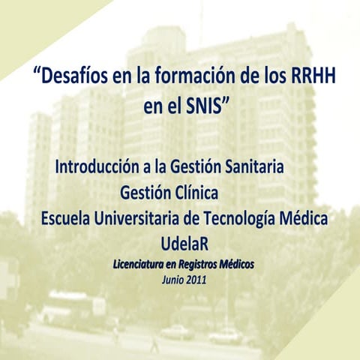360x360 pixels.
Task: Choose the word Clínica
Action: point(195,194)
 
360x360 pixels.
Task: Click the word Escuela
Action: point(65,219)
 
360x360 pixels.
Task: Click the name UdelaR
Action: point(184,244)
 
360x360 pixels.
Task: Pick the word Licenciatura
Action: point(141,265)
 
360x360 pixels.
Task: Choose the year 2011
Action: point(196,280)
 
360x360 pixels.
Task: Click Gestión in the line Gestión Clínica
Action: point(145,194)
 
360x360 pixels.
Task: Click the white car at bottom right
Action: point(225,335)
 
